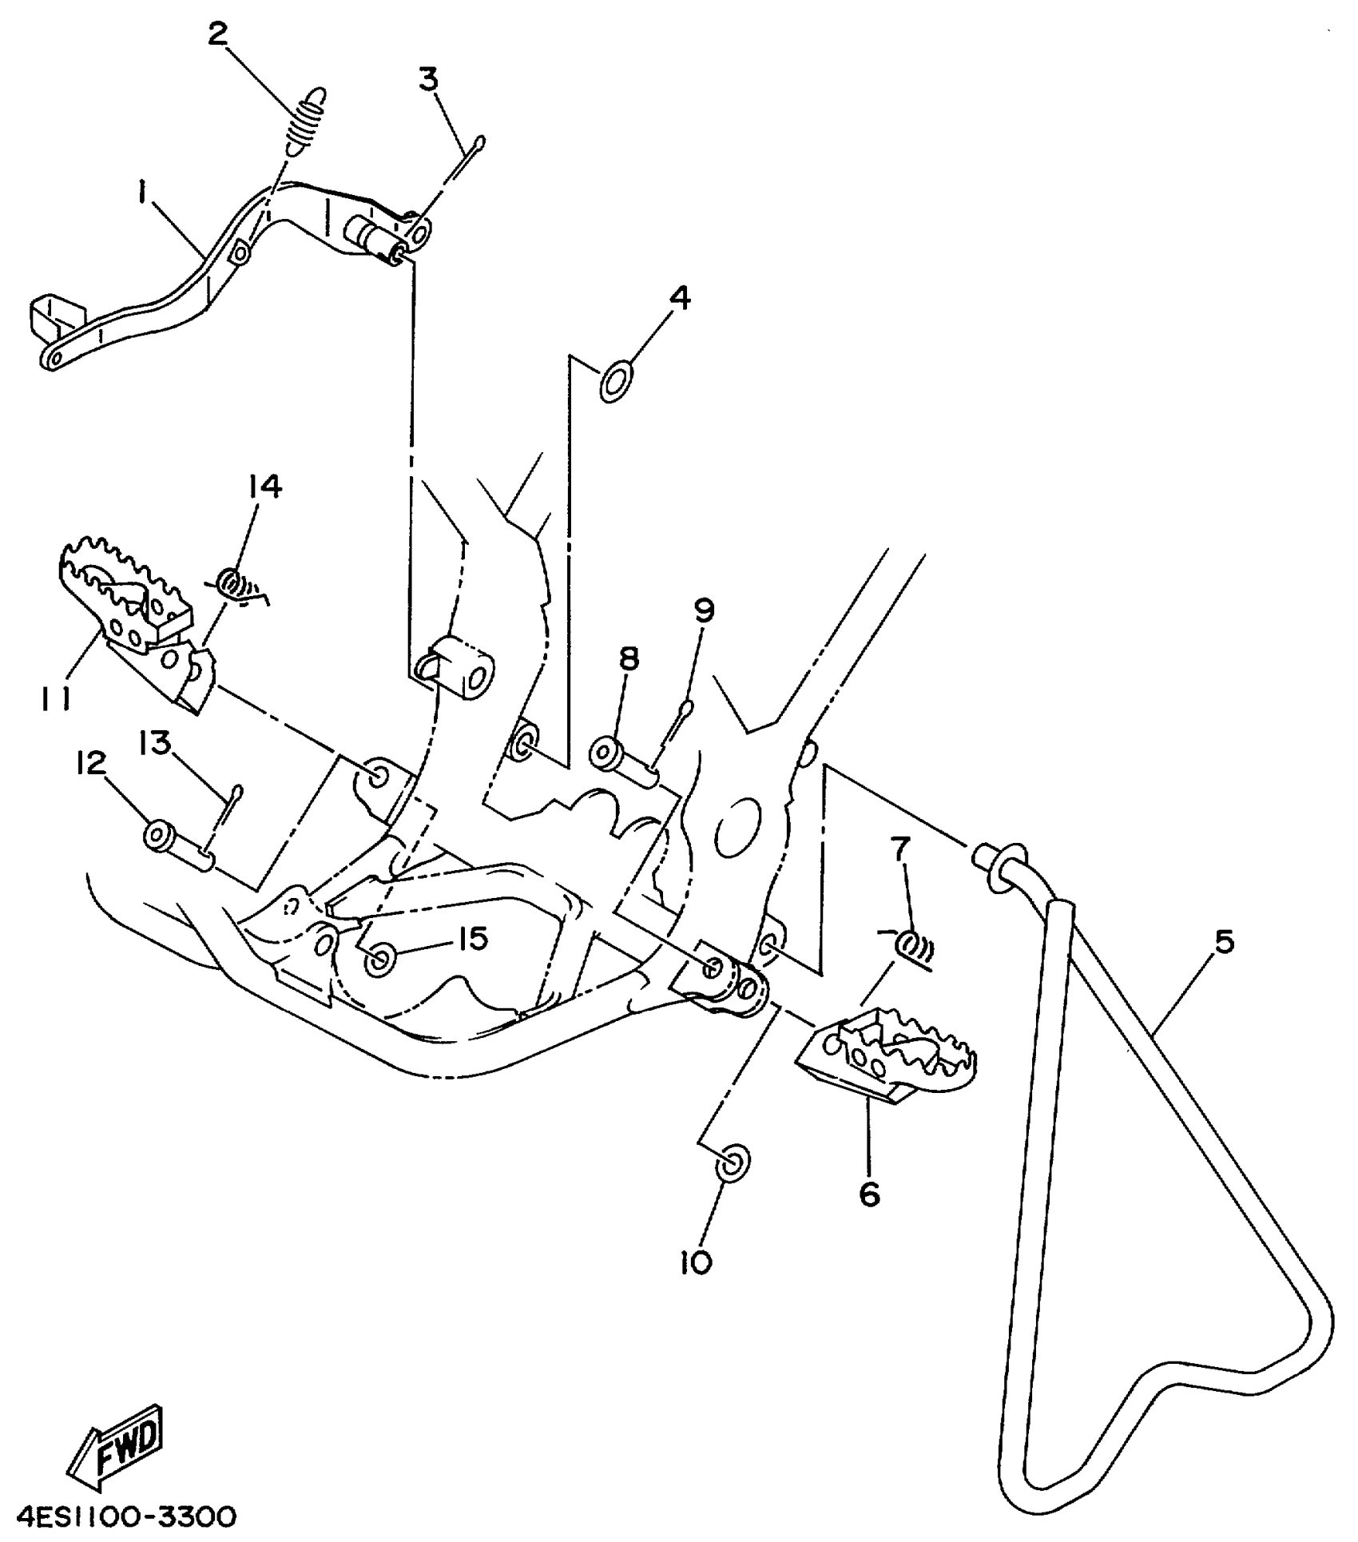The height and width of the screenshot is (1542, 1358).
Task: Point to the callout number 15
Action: pos(473,939)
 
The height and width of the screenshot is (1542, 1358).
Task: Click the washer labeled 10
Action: pos(733,1163)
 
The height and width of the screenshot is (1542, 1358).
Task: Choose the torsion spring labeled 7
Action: pos(911,945)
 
